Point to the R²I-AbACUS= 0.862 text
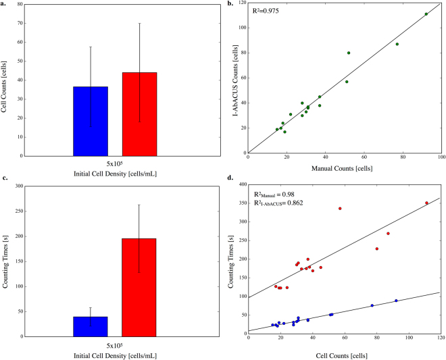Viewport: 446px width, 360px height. click(279, 203)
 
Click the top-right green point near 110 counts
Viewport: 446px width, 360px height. click(426, 14)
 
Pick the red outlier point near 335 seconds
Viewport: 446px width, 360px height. click(340, 209)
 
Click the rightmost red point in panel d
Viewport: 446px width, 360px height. click(426, 203)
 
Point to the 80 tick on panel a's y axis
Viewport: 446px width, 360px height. click(27, 5)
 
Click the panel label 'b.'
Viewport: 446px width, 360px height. click(230, 3)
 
